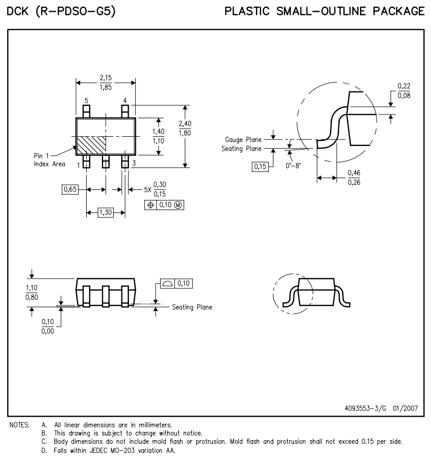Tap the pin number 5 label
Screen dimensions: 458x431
(x=86, y=101)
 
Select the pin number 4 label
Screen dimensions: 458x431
(x=125, y=101)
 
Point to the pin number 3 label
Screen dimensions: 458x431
(x=133, y=163)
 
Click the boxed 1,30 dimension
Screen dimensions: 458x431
(x=106, y=212)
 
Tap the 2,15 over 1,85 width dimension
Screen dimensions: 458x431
(x=106, y=83)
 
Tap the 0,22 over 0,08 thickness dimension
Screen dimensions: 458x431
(x=403, y=90)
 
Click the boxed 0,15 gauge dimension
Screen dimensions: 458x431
(x=260, y=166)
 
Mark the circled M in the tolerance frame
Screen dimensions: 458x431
(x=178, y=205)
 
